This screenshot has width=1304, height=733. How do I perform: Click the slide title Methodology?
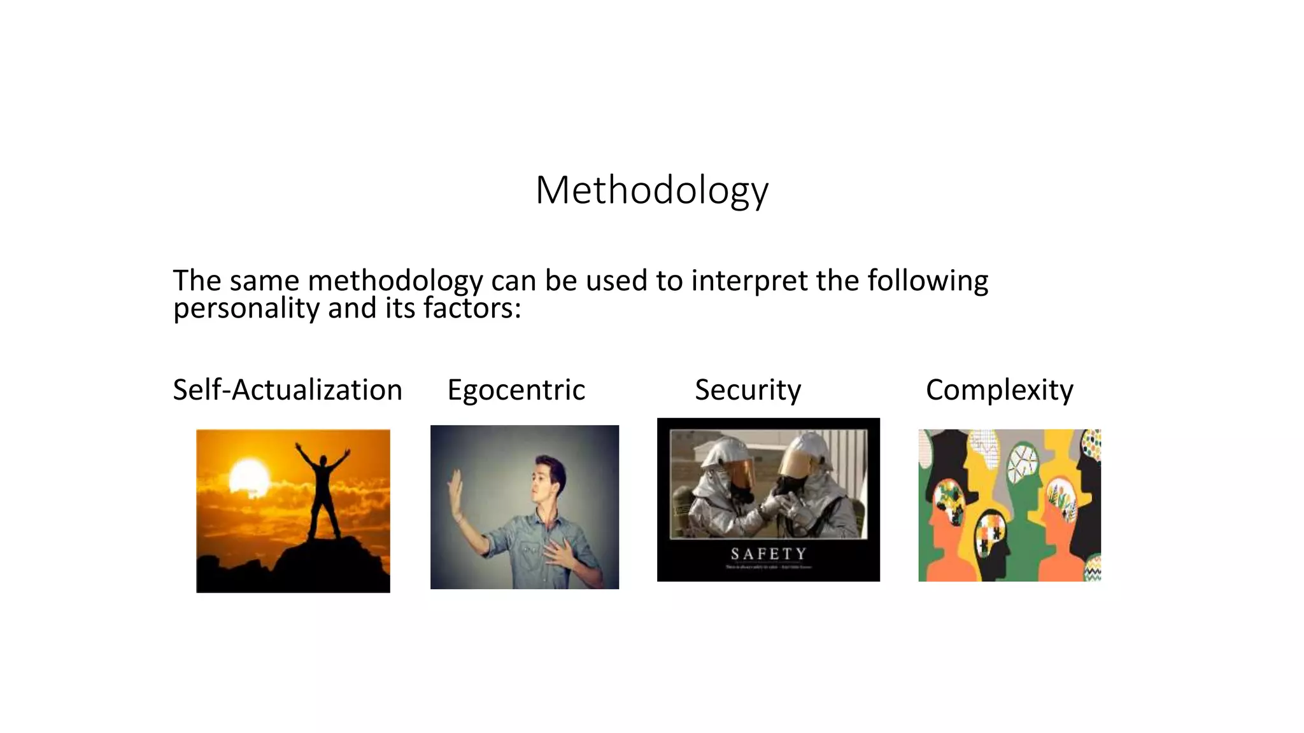click(652, 190)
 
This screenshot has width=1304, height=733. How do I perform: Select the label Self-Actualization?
click(287, 389)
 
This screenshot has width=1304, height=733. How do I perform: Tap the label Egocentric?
click(516, 389)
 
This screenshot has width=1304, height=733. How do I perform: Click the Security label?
click(748, 389)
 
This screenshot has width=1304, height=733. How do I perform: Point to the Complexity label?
click(999, 389)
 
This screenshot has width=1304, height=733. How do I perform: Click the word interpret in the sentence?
click(749, 281)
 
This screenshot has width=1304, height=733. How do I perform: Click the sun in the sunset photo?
click(249, 475)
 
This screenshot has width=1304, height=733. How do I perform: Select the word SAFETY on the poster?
click(768, 554)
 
